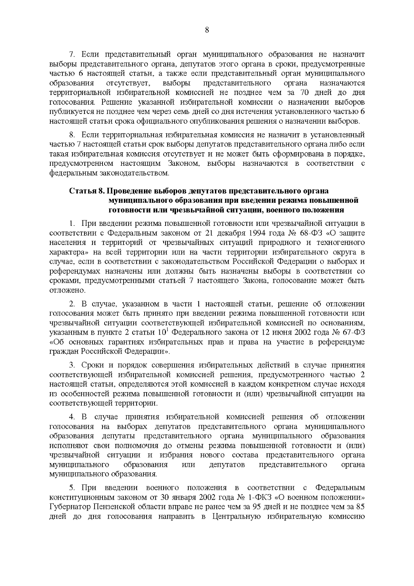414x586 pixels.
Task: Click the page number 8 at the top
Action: click(207, 30)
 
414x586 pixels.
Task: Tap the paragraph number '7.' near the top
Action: click(72, 55)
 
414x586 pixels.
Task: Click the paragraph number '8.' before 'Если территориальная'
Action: click(72, 134)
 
